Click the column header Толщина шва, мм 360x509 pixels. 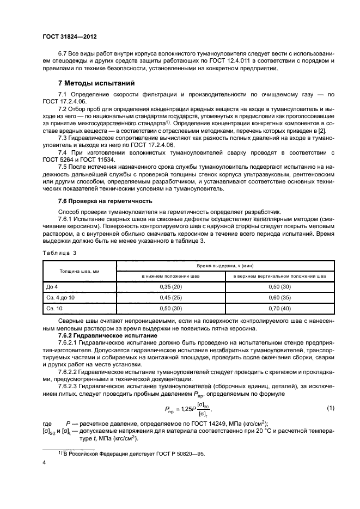click(x=79, y=271)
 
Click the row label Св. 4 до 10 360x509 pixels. click(x=59, y=297)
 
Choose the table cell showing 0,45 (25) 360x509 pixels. click(x=171, y=297)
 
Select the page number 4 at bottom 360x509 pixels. click(x=44, y=463)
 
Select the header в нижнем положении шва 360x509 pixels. click(x=171, y=277)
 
